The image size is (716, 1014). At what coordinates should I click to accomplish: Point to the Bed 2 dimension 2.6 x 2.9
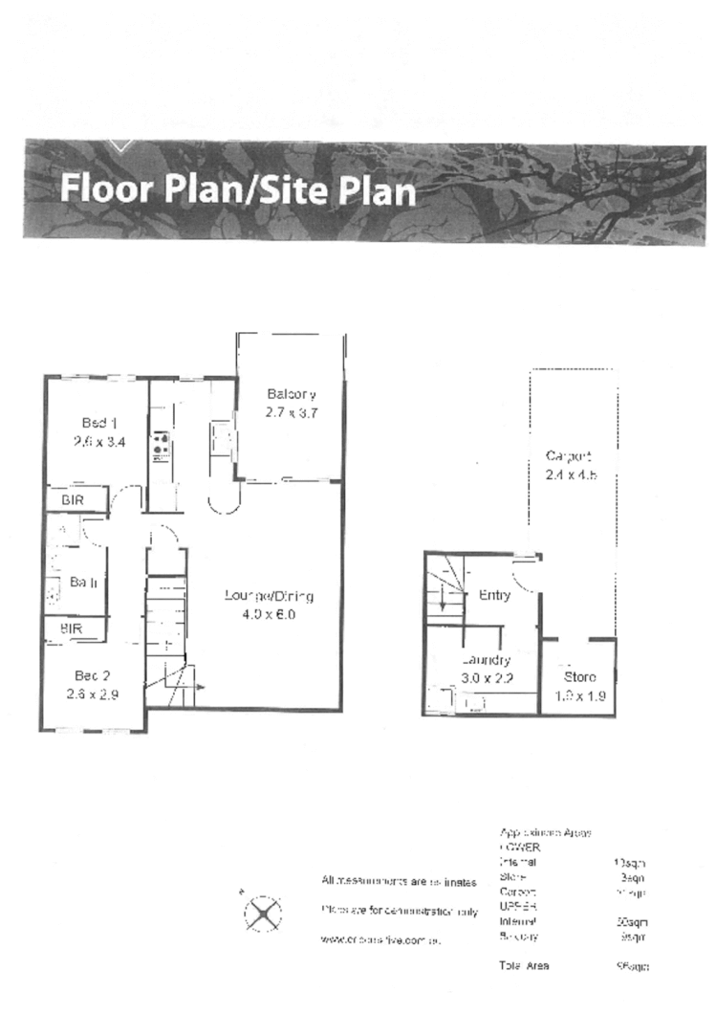coord(94,695)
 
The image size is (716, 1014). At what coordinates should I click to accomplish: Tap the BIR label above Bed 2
coord(71,629)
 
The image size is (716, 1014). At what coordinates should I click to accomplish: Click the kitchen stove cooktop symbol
coord(161,444)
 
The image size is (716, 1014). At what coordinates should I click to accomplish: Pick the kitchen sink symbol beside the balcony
coord(222,439)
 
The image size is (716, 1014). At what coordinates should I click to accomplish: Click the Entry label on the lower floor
coord(493,595)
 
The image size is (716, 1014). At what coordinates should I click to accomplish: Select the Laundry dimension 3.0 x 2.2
coord(487,678)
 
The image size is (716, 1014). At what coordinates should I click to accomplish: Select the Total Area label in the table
coord(524,966)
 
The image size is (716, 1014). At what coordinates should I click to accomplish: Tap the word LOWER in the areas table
coord(520,848)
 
